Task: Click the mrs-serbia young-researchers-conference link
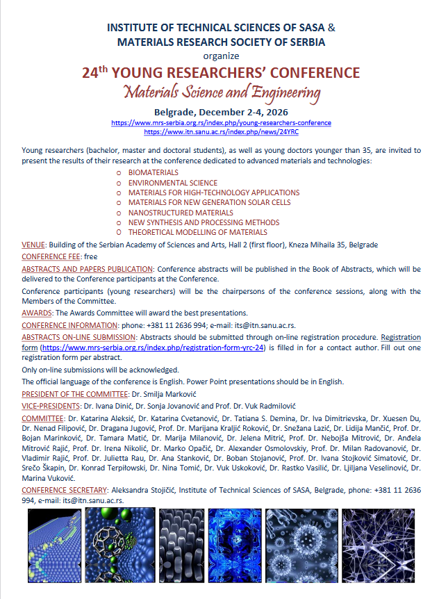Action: coord(221,123)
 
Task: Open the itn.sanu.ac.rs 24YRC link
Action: coord(221,131)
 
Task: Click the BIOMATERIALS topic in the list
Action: coord(153,172)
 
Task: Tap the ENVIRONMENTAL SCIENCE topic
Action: coord(172,183)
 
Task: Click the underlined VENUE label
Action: coord(33,245)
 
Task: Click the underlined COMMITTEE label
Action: coord(42,419)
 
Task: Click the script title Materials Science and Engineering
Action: coord(221,92)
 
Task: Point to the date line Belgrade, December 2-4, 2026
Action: coord(221,111)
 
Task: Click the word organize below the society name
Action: coord(221,56)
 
